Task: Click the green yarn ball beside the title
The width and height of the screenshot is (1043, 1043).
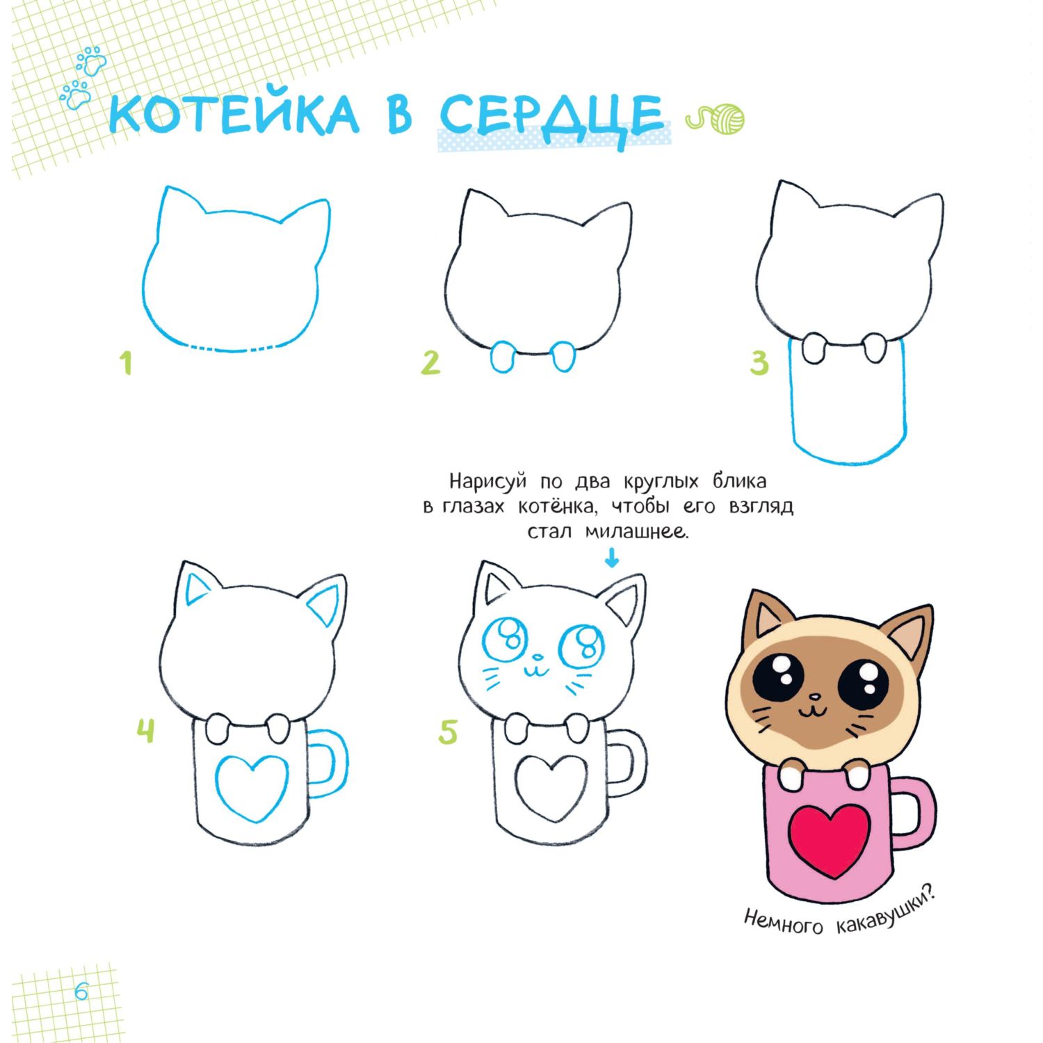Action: tap(726, 118)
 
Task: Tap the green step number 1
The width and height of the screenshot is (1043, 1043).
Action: tap(126, 363)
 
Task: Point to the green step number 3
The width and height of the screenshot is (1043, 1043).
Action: tap(759, 363)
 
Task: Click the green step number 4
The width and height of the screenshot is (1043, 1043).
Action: tap(145, 731)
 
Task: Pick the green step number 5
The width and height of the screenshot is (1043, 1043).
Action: tap(448, 732)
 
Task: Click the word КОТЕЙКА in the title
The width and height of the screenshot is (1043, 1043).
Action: tap(234, 115)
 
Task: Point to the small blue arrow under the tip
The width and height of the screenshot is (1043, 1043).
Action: tap(612, 558)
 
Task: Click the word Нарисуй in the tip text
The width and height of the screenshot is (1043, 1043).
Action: tap(487, 482)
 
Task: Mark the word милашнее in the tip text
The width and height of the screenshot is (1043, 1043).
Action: tap(636, 533)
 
